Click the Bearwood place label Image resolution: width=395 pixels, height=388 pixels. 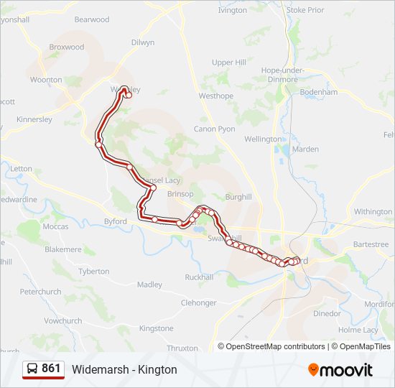(x=91, y=19)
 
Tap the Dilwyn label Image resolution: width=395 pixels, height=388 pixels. (x=142, y=42)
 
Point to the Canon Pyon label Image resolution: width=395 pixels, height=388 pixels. (x=214, y=129)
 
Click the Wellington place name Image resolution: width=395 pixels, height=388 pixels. (x=263, y=139)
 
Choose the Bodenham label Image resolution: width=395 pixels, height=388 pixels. (x=319, y=93)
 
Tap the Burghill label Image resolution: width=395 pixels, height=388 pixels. (x=238, y=196)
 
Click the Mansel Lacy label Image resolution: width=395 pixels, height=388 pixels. (x=161, y=180)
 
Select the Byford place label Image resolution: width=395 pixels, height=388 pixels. (x=115, y=221)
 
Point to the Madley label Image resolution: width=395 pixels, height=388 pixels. (x=149, y=285)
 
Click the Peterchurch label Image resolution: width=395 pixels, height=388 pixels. (x=41, y=292)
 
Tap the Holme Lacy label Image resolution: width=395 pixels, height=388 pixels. (x=358, y=330)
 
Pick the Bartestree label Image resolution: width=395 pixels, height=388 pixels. (x=371, y=244)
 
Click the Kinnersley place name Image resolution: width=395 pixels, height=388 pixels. (x=34, y=119)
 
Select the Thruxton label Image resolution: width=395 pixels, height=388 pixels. (x=182, y=348)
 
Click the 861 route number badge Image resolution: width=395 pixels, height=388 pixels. (x=51, y=369)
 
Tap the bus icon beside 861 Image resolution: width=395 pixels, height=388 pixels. (x=33, y=369)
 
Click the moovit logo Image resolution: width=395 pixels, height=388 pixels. (x=340, y=370)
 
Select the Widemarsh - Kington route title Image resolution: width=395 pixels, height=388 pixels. (x=124, y=369)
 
